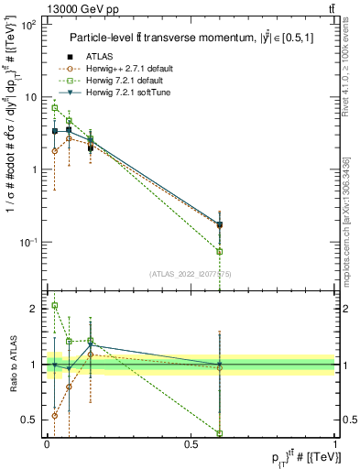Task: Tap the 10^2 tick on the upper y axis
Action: click(27, 26)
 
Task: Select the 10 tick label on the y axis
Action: click(29, 97)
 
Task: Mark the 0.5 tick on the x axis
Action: click(191, 442)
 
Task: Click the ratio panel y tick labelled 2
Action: click(33, 309)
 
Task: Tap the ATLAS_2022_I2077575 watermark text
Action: click(190, 273)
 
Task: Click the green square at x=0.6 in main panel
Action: click(220, 251)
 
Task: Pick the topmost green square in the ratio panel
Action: click(55, 306)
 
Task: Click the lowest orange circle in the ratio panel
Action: click(55, 416)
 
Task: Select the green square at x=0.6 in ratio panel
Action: click(220, 433)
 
